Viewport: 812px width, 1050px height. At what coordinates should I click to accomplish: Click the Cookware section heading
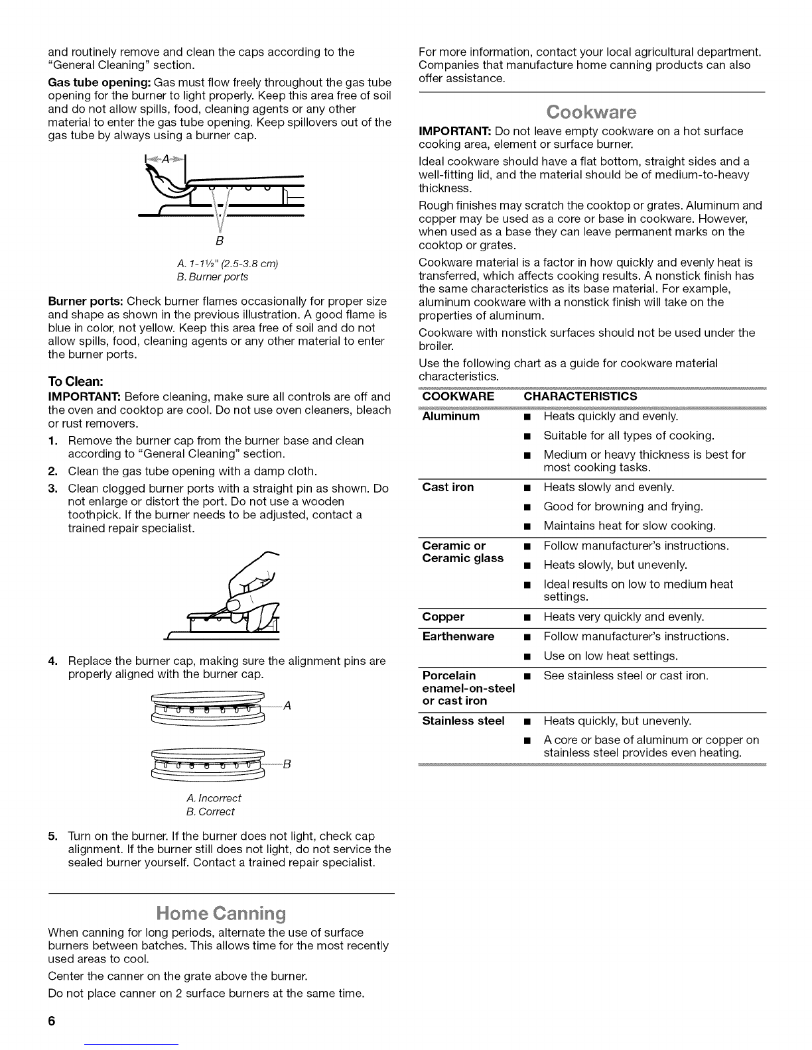(592, 111)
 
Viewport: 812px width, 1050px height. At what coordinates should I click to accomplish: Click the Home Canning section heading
(221, 914)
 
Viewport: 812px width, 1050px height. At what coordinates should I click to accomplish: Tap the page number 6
(52, 1021)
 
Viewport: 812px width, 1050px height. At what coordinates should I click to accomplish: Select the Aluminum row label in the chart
(451, 416)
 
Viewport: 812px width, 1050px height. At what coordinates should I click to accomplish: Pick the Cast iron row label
(448, 487)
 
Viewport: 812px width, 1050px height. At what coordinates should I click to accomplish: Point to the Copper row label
(443, 616)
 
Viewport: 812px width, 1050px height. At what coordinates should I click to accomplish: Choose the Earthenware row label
(458, 636)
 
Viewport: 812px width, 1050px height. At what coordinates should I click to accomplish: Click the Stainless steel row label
(463, 721)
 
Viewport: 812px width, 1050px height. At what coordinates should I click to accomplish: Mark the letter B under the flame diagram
(220, 239)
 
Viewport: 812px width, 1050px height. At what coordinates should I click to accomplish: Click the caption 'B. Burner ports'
(220, 276)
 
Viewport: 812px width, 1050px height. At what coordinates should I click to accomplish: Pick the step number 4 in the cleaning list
(52, 662)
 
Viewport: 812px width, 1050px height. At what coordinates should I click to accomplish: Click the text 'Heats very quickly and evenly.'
(624, 616)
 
